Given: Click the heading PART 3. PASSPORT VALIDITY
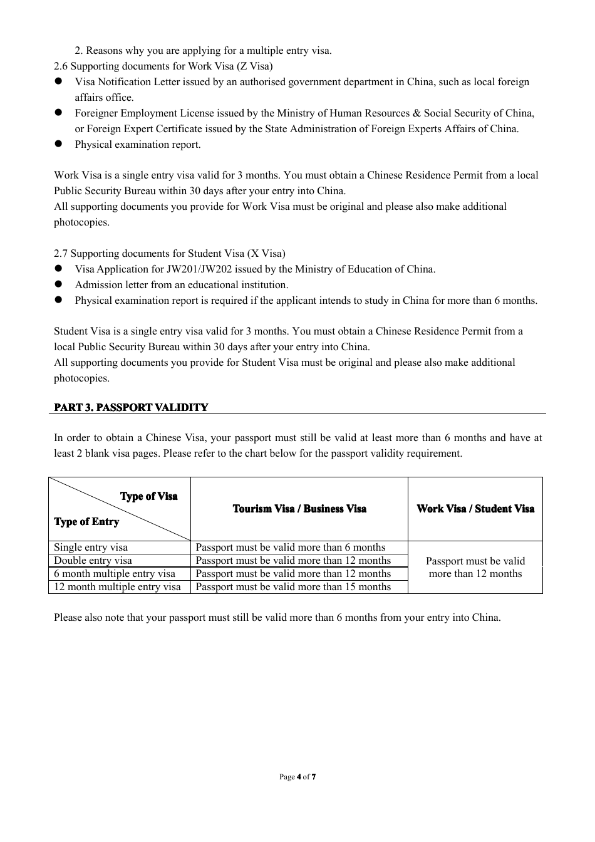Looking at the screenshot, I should pos(131,407).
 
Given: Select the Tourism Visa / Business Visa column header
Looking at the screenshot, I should pos(299,509).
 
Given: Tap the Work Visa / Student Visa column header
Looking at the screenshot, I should pos(475,509).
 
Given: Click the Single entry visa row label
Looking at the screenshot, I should pos(91,548).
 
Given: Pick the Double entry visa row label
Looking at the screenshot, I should pos(93,561).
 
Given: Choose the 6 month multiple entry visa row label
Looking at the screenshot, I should pos(115,574).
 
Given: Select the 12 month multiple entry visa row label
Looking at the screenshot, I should pos(117,587).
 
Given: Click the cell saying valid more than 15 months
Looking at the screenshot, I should pos(293,587).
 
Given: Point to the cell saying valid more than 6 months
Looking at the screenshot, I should pos(291,548).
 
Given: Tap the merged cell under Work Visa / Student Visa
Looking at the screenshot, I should pos(475,568).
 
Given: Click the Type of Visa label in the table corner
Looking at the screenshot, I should pos(149,496).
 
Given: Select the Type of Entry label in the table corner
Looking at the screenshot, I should pos(86,522).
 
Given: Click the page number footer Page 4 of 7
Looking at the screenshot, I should pos(297,777).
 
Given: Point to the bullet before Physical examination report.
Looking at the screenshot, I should pos(58,144).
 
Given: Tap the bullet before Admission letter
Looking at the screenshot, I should pos(58,284).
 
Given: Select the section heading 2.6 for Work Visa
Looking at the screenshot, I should pos(163,66).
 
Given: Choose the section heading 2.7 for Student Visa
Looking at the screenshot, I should pos(169,254).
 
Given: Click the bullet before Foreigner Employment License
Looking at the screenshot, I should pos(58,113).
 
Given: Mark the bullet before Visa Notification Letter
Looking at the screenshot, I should pos(58,81).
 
